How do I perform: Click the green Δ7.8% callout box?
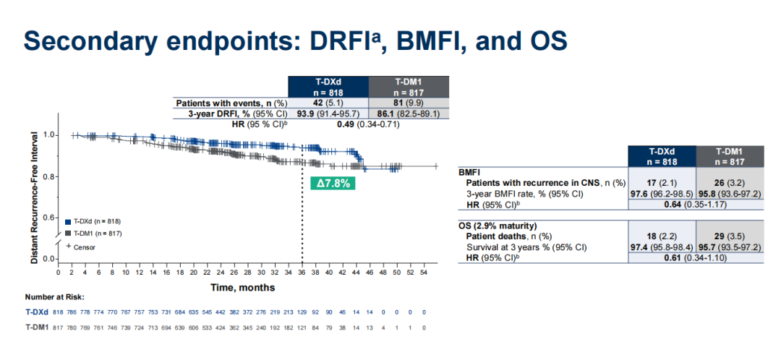333,183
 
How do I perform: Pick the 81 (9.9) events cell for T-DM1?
409,103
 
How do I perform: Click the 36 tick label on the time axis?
302,273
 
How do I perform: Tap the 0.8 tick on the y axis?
48,176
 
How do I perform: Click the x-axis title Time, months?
242,287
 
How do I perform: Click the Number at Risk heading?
54,297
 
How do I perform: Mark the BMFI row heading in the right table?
471,173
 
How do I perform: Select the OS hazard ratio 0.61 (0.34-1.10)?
693,258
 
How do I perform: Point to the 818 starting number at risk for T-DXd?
59,312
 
